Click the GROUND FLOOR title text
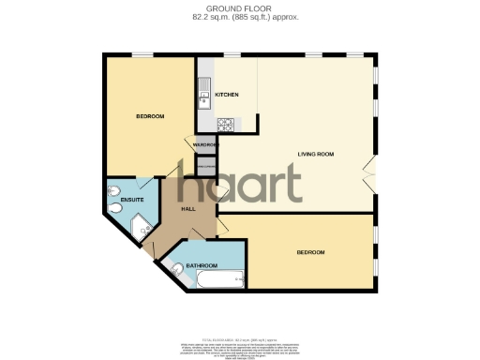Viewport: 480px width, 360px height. point(239,8)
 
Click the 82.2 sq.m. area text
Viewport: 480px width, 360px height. point(239,18)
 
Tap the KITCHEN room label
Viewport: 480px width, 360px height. point(227,96)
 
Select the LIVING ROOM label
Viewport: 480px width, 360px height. point(316,154)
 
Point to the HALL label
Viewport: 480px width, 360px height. point(188,209)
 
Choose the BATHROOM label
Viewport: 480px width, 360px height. point(202,266)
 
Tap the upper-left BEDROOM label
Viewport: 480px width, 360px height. point(150,116)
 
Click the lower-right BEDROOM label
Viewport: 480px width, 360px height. point(310,253)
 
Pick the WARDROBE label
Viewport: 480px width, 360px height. point(205,145)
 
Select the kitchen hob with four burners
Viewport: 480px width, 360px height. point(226,124)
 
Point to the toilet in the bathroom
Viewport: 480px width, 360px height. point(177,270)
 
